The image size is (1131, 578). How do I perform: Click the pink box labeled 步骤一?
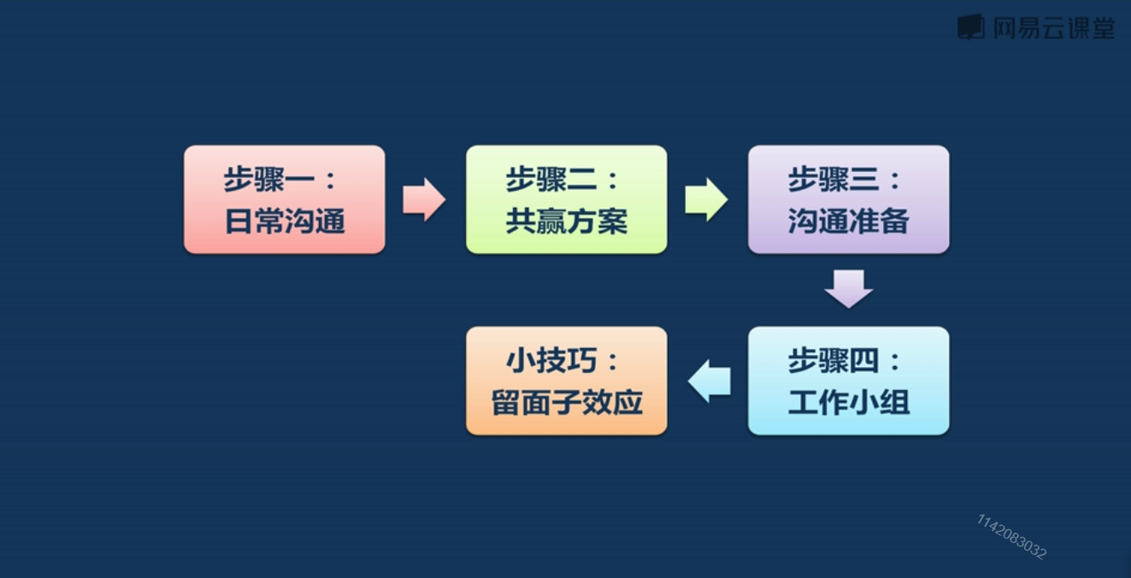tap(284, 199)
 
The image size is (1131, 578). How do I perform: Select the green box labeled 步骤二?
tap(566, 199)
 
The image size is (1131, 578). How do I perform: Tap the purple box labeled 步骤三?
tap(848, 199)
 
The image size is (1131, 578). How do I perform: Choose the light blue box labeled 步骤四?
tap(848, 380)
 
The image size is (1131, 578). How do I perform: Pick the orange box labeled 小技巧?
tap(566, 380)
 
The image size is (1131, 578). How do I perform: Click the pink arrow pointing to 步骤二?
tap(424, 200)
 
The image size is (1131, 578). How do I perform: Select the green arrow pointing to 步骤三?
tap(706, 200)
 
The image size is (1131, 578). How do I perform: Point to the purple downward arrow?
tap(849, 289)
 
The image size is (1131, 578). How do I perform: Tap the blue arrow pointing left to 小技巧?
tap(709, 381)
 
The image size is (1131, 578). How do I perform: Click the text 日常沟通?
tap(284, 222)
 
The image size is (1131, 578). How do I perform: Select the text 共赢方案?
tap(566, 222)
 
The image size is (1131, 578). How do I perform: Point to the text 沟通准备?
tap(848, 222)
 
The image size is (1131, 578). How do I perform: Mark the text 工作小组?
tap(848, 403)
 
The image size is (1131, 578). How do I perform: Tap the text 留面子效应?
tap(566, 403)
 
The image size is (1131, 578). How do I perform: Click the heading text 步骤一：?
tap(280, 180)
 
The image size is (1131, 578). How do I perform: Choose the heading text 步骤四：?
tap(845, 361)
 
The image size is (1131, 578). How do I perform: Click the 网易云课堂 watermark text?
tap(1053, 28)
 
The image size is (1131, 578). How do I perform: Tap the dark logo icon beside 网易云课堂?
tap(971, 27)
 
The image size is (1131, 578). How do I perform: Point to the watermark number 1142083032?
tap(1011, 536)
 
